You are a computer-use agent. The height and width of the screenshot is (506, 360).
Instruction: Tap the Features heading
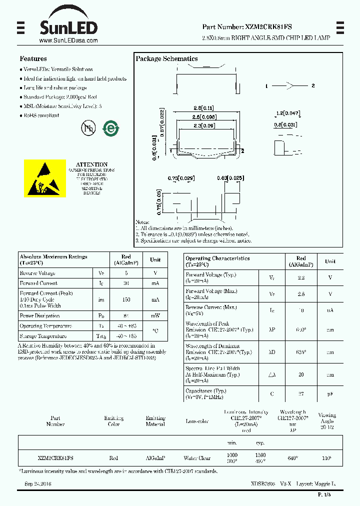click(x=33, y=58)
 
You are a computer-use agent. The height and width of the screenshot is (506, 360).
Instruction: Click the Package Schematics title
click(x=166, y=59)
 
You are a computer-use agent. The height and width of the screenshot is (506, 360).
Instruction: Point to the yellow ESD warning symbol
click(x=45, y=178)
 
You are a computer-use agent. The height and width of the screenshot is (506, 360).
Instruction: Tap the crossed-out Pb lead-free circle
click(x=88, y=128)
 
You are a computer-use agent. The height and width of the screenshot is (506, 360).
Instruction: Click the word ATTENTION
click(x=91, y=164)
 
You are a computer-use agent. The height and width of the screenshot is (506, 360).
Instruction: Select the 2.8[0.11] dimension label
click(x=203, y=108)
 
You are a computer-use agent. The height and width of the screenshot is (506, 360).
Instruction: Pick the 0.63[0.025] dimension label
click(x=230, y=178)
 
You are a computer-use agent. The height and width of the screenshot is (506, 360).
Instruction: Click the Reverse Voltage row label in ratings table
click(x=37, y=273)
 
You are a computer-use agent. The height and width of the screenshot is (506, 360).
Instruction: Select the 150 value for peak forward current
click(x=126, y=299)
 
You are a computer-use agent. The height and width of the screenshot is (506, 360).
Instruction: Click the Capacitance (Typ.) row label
click(x=205, y=391)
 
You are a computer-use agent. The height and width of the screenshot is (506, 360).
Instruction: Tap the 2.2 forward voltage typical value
click(x=301, y=277)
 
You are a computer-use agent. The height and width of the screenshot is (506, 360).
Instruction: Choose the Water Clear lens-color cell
click(x=197, y=458)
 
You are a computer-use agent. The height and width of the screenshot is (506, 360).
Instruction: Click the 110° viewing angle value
click(x=326, y=458)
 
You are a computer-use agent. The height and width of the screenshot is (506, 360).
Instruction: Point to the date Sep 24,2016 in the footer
click(x=38, y=484)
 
